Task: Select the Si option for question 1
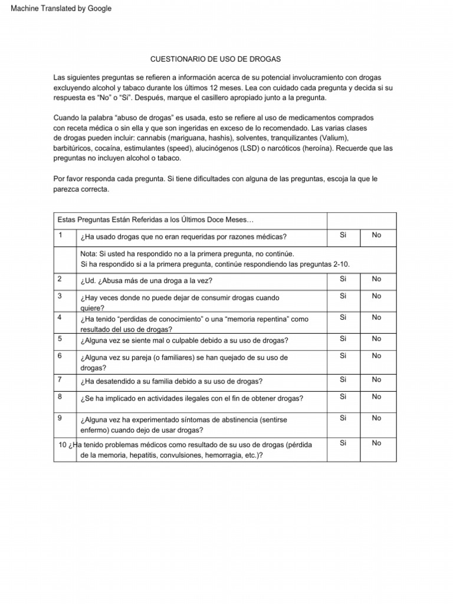343,235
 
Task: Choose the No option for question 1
376,235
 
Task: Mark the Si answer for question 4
343,317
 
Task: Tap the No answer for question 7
376,380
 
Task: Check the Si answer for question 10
343,443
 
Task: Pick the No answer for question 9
376,418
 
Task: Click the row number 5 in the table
60,339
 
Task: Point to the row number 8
60,397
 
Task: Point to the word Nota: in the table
90,254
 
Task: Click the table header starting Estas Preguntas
155,220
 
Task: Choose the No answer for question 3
376,296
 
